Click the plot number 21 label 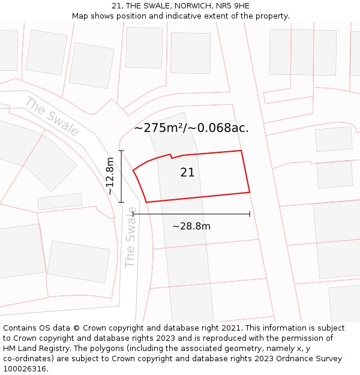click(x=187, y=173)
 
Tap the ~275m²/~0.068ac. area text click(x=191, y=128)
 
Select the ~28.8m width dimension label click(x=191, y=226)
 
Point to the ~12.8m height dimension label click(x=110, y=176)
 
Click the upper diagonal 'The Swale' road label click(x=52, y=116)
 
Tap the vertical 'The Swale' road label click(x=130, y=237)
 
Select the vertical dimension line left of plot click(x=121, y=176)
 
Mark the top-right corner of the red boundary click(x=241, y=151)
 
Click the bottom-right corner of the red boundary click(x=250, y=192)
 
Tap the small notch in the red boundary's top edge click(x=171, y=156)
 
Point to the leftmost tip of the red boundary click(x=133, y=171)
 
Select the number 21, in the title click(x=116, y=6)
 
